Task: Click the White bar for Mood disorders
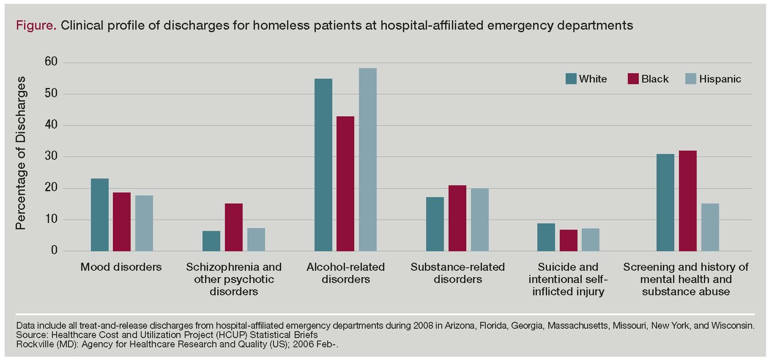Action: [x=100, y=215]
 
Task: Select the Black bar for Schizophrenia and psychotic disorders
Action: [x=234, y=227]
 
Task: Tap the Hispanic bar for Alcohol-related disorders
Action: [x=368, y=159]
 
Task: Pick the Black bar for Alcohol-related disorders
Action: [x=345, y=184]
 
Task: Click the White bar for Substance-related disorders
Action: [x=435, y=224]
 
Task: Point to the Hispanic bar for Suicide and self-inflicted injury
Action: [x=591, y=240]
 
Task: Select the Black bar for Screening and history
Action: [x=688, y=201]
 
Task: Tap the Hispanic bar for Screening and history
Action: [x=710, y=227]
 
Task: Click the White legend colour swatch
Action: [x=571, y=79]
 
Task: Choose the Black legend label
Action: [x=655, y=79]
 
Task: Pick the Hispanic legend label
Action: [x=720, y=79]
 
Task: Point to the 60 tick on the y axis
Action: [x=51, y=62]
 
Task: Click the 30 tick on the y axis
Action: [x=51, y=156]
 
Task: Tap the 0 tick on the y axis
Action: [x=54, y=250]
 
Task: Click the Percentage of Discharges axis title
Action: [x=21, y=153]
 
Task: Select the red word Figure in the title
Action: [x=36, y=26]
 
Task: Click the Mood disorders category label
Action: [x=121, y=267]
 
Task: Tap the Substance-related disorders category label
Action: [x=457, y=273]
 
